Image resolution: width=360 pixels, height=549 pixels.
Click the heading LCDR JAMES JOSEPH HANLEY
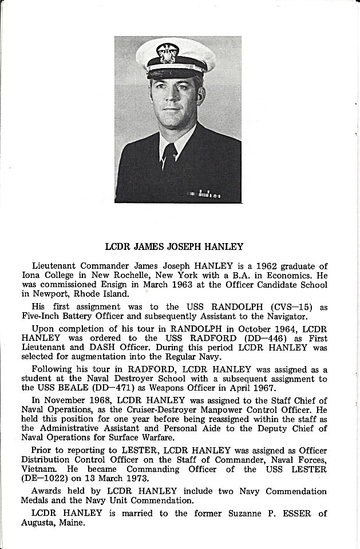tap(175, 247)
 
